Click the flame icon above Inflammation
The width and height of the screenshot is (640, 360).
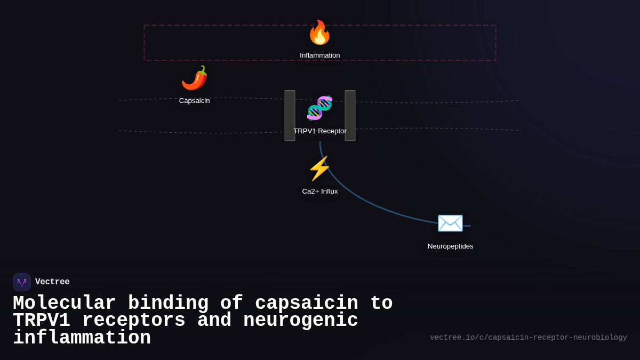[319, 33]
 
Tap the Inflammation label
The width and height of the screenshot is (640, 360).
[319, 55]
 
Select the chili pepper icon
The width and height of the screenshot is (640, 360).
[194, 78]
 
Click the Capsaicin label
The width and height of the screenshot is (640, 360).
[194, 101]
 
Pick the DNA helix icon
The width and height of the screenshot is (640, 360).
[319, 108]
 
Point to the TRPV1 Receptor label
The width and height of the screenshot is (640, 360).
[319, 131]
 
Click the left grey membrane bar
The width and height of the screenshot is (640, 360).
[290, 116]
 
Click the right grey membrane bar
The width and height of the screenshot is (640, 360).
[350, 116]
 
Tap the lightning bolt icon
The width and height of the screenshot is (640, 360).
[319, 169]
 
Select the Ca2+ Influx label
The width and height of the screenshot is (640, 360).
[319, 191]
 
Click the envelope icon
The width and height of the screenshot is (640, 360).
[450, 223]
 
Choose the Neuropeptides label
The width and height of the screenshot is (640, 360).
[450, 246]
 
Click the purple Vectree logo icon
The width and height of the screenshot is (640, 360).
[22, 282]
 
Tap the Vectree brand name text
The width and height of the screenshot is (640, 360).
[52, 282]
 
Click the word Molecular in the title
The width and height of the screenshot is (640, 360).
[64, 303]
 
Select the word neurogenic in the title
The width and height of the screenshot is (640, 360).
[300, 321]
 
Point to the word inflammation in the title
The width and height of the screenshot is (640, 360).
[82, 338]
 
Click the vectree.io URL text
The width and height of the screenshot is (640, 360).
[528, 338]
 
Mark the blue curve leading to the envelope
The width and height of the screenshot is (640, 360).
[363, 200]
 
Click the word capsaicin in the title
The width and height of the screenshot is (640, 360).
[306, 303]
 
